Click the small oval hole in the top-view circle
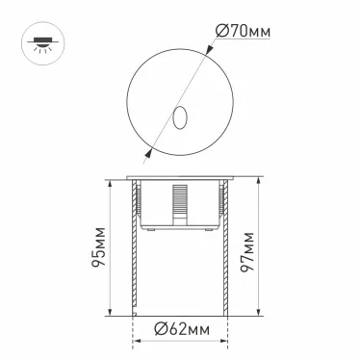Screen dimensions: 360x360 click(180, 118)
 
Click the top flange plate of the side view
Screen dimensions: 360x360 click(180, 176)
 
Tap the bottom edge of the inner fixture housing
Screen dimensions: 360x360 click(181, 230)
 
